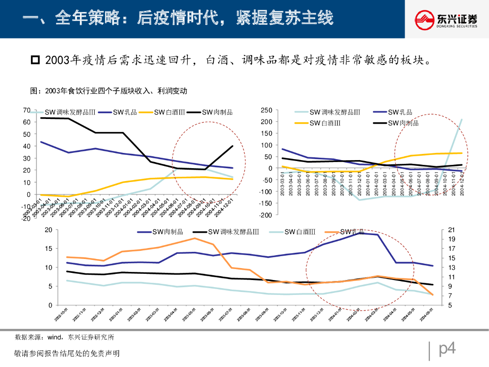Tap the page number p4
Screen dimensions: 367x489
point(447,349)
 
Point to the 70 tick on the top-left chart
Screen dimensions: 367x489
point(27,110)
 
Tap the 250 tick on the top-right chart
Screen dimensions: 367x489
point(266,110)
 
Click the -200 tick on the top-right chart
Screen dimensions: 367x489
point(266,215)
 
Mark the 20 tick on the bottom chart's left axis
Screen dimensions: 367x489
point(48,230)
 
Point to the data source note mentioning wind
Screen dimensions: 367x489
point(64,337)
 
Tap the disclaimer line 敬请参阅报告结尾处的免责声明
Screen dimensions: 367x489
point(67,354)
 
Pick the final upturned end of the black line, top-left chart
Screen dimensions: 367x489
point(232,146)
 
